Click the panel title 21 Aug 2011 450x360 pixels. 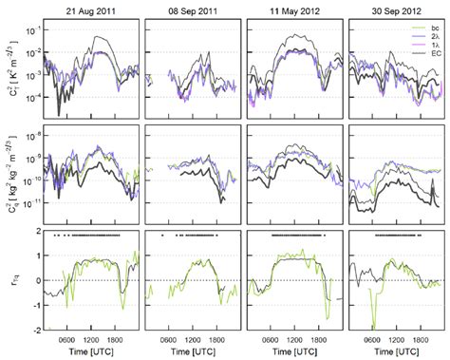93,9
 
